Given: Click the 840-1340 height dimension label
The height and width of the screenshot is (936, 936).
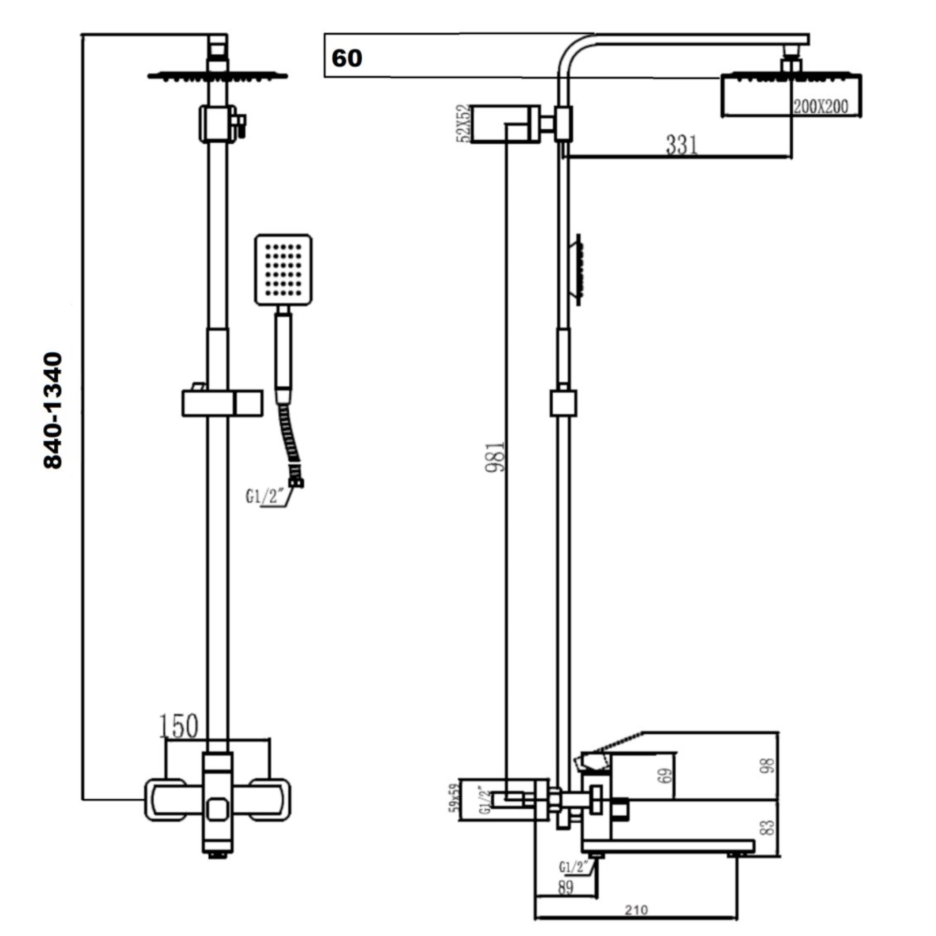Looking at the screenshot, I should [x=53, y=411].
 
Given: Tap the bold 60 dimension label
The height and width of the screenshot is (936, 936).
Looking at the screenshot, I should [x=346, y=58].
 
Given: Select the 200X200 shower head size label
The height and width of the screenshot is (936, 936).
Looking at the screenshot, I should [x=820, y=107].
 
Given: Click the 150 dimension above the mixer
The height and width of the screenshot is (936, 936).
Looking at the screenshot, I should [x=179, y=726].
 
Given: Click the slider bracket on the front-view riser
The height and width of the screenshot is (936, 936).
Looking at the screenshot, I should [x=222, y=403].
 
